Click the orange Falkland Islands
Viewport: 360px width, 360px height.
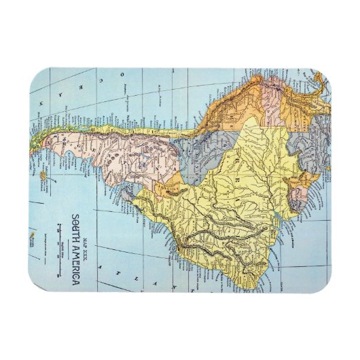[x=43, y=176]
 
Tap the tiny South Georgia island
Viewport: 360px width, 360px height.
[x=31, y=238]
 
